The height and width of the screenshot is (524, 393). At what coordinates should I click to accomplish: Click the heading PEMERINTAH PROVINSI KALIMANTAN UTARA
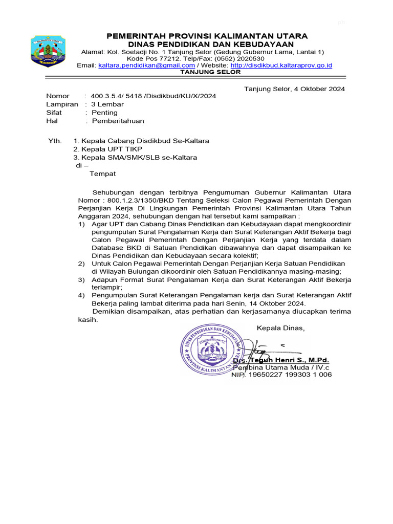tap(207, 36)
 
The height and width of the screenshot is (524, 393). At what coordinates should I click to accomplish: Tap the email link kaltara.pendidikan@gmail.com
tap(146, 65)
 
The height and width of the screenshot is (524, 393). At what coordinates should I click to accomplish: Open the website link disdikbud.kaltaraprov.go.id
tap(281, 65)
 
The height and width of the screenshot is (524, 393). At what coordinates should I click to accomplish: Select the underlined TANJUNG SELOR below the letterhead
tap(210, 72)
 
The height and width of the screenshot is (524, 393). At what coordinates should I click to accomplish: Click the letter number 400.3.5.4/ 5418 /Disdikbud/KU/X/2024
tap(153, 96)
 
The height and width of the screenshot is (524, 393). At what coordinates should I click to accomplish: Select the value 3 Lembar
tap(107, 104)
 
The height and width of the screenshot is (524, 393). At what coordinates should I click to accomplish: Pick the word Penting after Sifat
tap(104, 113)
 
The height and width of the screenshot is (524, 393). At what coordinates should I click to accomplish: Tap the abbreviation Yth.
tap(54, 141)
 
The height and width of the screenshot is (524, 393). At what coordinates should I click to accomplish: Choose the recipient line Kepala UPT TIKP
tap(108, 149)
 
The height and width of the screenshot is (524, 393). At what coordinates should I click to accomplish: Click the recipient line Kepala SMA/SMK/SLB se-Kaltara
tap(135, 157)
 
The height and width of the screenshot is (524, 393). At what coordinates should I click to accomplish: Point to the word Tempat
tap(103, 174)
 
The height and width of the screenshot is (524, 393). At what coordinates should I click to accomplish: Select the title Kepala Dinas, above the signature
tap(280, 328)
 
